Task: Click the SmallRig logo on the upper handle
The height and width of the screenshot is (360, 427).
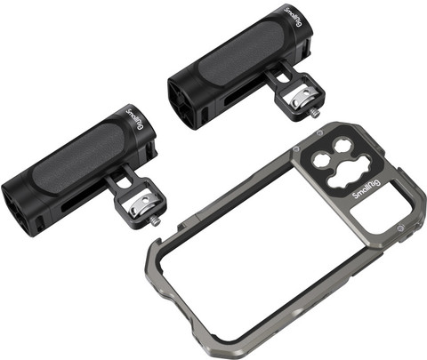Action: click(x=294, y=17)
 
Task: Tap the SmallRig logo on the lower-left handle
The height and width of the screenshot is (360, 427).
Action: click(x=135, y=119)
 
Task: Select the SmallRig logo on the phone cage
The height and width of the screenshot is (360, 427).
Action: click(x=367, y=191)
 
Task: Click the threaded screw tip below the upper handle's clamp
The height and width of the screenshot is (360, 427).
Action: click(x=316, y=114)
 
